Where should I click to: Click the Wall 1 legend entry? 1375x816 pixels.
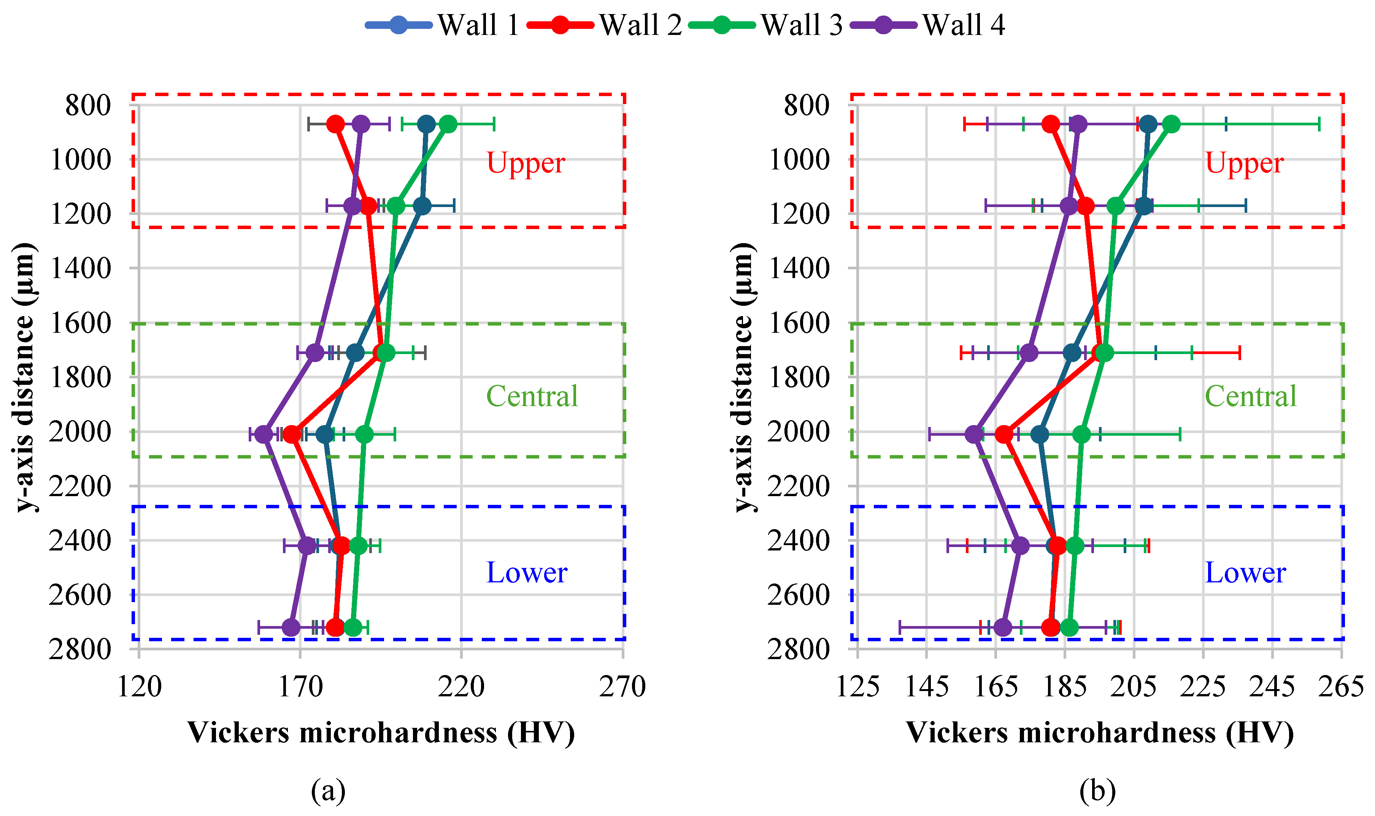click(x=443, y=25)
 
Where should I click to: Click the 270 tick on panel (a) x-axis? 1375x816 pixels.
click(x=622, y=687)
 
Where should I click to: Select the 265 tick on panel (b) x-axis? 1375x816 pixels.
click(x=1340, y=687)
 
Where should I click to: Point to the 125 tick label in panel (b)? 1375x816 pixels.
click(x=857, y=687)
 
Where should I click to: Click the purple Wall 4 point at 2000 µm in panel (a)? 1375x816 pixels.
click(x=265, y=434)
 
